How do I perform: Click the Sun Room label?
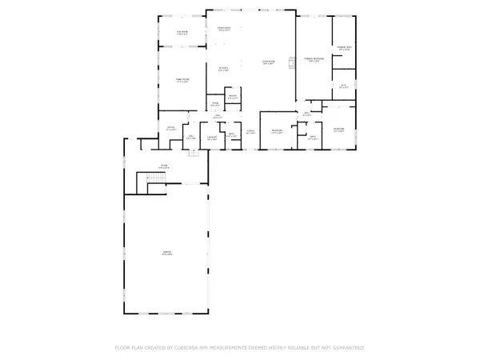(x=182, y=33)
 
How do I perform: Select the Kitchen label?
(x=225, y=70)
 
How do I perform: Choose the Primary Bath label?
(x=345, y=49)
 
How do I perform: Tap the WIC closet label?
(x=343, y=86)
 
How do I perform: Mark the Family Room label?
(x=182, y=81)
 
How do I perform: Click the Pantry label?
(x=232, y=98)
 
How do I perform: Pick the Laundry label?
(x=213, y=139)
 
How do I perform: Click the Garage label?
(x=167, y=254)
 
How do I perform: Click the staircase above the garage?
(x=149, y=183)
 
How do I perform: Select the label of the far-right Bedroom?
(x=339, y=130)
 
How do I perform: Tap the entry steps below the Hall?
(x=193, y=153)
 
